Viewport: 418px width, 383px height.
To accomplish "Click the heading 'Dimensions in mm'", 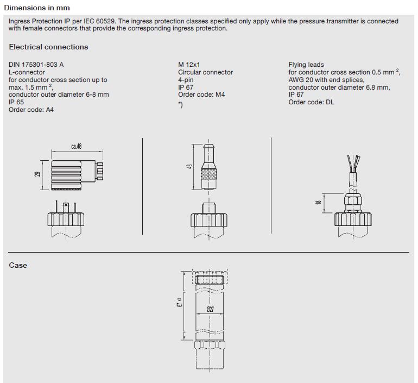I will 37,8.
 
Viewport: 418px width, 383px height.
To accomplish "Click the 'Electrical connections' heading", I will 48,47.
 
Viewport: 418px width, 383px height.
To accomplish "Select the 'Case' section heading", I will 18,265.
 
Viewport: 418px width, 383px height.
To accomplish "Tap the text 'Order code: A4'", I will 31,110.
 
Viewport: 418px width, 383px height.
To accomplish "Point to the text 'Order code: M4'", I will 201,95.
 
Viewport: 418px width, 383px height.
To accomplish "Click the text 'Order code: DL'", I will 311,102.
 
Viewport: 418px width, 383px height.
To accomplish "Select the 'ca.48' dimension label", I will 76,146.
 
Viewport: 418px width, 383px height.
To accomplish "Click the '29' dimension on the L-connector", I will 36,174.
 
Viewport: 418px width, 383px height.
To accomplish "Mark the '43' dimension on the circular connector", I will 189,166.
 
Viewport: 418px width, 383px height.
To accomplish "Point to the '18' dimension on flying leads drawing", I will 319,202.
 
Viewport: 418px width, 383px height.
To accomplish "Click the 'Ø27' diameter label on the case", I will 209,309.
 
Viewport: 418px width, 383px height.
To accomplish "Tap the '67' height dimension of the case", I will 179,305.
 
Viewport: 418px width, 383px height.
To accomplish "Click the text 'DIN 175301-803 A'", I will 36,65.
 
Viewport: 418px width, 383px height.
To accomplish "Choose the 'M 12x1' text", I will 189,65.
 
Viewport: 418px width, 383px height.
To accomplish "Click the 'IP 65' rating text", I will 16,102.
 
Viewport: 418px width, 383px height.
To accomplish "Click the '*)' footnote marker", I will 180,105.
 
